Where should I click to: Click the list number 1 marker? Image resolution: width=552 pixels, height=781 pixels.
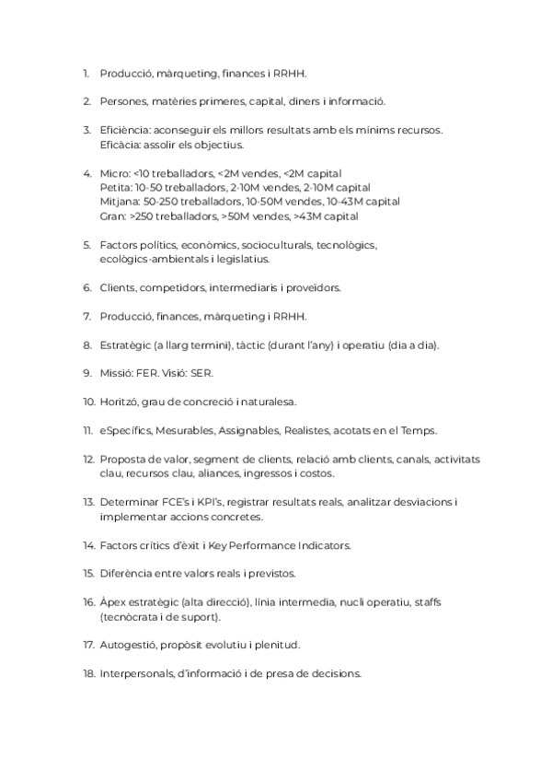point(86,73)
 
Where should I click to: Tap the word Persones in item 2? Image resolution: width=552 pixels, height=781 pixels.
point(121,101)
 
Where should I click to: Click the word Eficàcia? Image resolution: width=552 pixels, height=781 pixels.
point(119,145)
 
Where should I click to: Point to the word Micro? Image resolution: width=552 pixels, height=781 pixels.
point(113,173)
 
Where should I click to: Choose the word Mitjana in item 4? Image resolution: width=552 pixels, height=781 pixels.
point(119,202)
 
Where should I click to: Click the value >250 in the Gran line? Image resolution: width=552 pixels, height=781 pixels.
point(140,216)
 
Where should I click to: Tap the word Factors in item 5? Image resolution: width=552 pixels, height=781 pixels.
point(118,245)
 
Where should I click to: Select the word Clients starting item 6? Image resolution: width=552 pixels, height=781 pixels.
point(116,288)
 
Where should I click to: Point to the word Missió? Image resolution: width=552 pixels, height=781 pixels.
point(117,374)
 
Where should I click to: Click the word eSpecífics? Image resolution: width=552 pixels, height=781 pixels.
point(125,431)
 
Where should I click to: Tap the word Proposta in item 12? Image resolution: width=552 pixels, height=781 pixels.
point(121,460)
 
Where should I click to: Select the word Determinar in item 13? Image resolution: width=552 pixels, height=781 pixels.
point(128,503)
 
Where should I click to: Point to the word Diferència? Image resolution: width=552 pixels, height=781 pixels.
point(125,574)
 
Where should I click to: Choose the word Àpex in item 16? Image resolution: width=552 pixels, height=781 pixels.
point(112,602)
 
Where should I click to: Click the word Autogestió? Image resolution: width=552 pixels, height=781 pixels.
point(127,645)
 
